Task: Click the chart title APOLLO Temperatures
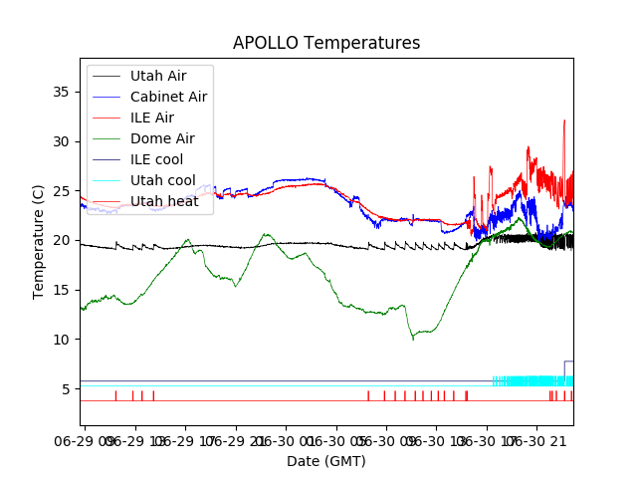coord(326,44)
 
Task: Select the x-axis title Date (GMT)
coord(326,461)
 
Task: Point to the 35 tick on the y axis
coord(65,92)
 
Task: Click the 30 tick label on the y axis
coord(65,141)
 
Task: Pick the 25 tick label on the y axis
coord(65,190)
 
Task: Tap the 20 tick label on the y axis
coord(65,240)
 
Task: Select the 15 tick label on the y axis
coord(65,290)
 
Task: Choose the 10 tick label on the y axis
coord(65,340)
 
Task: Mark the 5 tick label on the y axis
coord(69,388)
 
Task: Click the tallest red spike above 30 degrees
coord(564,122)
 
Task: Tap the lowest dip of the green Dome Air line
coord(413,339)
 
